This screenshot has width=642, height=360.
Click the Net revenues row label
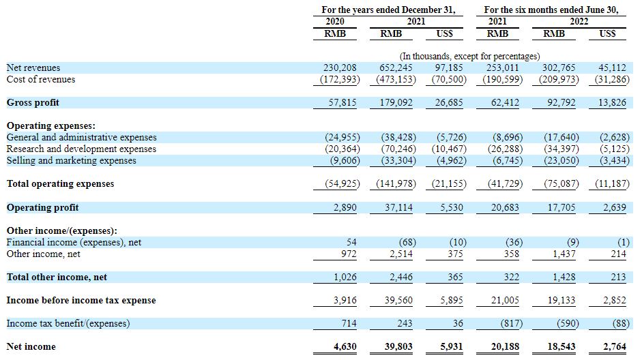33,68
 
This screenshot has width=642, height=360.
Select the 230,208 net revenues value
340,68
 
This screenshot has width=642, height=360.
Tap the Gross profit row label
33,102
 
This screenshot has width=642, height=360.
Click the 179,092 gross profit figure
396,102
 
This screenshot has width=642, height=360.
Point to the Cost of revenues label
41,80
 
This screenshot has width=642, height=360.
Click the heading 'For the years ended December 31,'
388,10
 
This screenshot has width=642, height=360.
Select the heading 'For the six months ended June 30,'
551,10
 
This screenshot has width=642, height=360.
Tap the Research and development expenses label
81,149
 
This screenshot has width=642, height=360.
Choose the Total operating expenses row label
60,184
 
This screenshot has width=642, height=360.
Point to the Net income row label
31,346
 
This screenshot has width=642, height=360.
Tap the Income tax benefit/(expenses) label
68,323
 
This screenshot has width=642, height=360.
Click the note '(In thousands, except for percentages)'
469,56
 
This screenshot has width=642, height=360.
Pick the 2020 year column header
334,21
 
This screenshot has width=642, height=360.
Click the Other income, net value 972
349,254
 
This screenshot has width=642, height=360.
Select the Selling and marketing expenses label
71,161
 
